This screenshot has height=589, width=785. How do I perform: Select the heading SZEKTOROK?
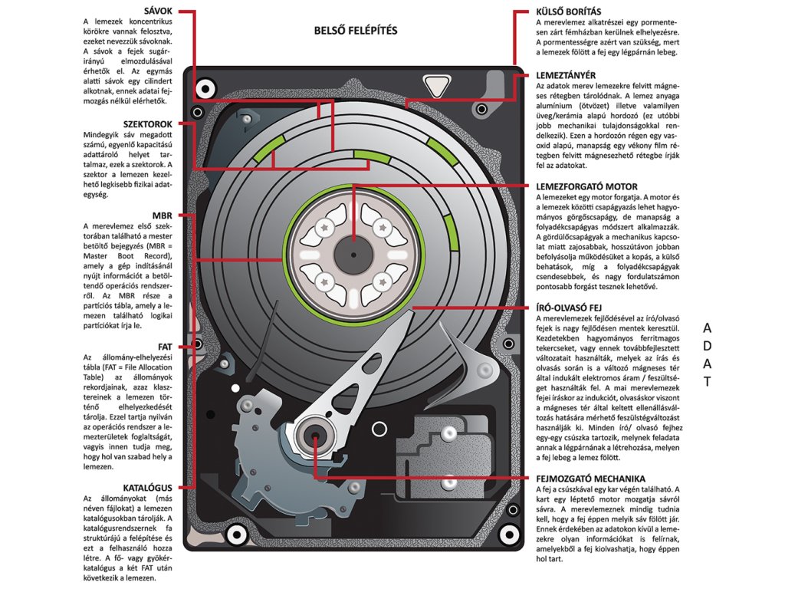[149, 123]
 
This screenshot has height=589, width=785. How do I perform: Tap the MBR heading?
[162, 216]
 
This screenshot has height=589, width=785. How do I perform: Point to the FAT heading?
[164, 347]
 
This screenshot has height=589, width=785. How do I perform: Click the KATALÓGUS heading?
[147, 487]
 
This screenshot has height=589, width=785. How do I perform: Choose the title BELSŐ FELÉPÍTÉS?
[355, 31]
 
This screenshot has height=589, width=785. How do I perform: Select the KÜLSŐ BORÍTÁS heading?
[568, 12]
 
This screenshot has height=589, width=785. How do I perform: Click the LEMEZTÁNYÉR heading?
[566, 75]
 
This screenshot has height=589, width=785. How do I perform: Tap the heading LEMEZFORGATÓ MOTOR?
[586, 186]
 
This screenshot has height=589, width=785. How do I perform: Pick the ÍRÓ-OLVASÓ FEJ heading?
[572, 307]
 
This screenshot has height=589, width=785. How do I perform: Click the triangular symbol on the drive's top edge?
[438, 84]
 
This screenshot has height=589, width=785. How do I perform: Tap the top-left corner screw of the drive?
[203, 89]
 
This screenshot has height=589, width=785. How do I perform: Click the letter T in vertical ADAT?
[708, 381]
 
